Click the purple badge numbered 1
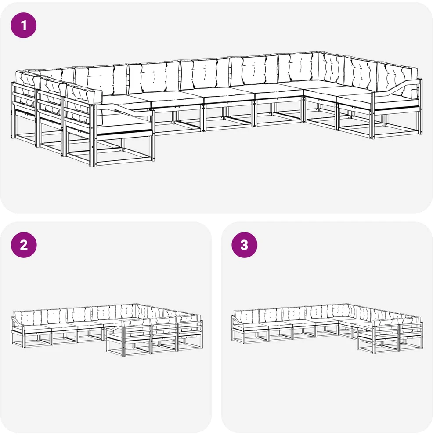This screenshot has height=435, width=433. [24, 25]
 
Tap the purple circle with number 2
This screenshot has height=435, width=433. [24, 245]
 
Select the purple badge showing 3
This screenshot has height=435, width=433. [244, 245]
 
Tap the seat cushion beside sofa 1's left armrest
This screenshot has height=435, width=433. [125, 122]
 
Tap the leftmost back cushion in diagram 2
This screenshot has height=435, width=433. [27, 316]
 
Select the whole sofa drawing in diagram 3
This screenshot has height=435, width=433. [327, 327]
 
